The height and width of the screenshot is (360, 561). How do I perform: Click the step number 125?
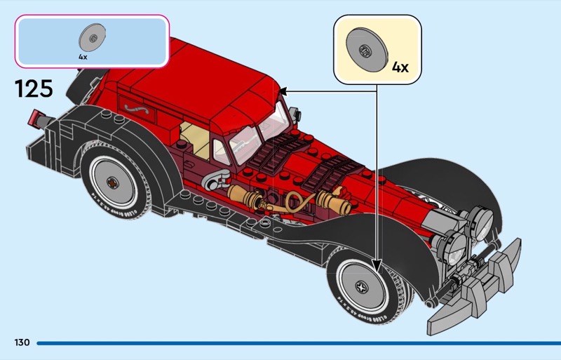[33, 89]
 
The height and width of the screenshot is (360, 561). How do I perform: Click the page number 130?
[21, 342]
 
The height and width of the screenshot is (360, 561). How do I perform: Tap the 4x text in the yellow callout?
[400, 67]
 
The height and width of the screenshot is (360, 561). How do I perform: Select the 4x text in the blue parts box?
[83, 55]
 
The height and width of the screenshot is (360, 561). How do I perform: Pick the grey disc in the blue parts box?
[92, 36]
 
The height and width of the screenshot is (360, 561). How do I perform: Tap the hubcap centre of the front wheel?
[363, 287]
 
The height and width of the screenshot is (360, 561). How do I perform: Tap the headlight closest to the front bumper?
[453, 245]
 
